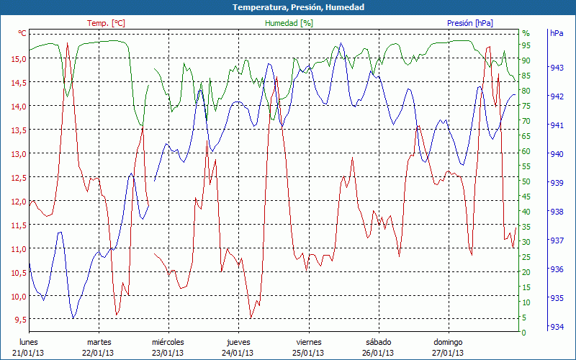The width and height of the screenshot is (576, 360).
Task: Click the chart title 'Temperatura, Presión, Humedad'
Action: click(x=288, y=7)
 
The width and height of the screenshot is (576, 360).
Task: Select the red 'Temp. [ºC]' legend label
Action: click(x=106, y=23)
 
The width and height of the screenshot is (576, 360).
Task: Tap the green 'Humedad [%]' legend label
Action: click(x=289, y=23)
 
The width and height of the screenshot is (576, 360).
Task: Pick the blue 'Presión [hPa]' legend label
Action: click(x=470, y=23)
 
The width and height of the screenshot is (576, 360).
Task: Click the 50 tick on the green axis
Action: click(x=526, y=181)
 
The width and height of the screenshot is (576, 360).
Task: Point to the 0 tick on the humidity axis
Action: click(x=523, y=332)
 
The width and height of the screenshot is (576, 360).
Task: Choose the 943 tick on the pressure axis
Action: click(x=556, y=68)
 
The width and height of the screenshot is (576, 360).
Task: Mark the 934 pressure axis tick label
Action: click(x=556, y=327)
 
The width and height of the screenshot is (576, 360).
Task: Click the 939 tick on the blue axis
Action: click(x=556, y=183)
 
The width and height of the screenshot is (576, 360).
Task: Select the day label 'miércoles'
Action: click(x=168, y=342)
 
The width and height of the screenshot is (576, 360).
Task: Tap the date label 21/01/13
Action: click(x=29, y=353)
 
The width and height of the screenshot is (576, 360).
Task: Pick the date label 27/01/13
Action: click(x=448, y=353)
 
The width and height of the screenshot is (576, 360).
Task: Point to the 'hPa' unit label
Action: click(x=556, y=33)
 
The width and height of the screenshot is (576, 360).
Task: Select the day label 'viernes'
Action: click(x=308, y=342)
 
